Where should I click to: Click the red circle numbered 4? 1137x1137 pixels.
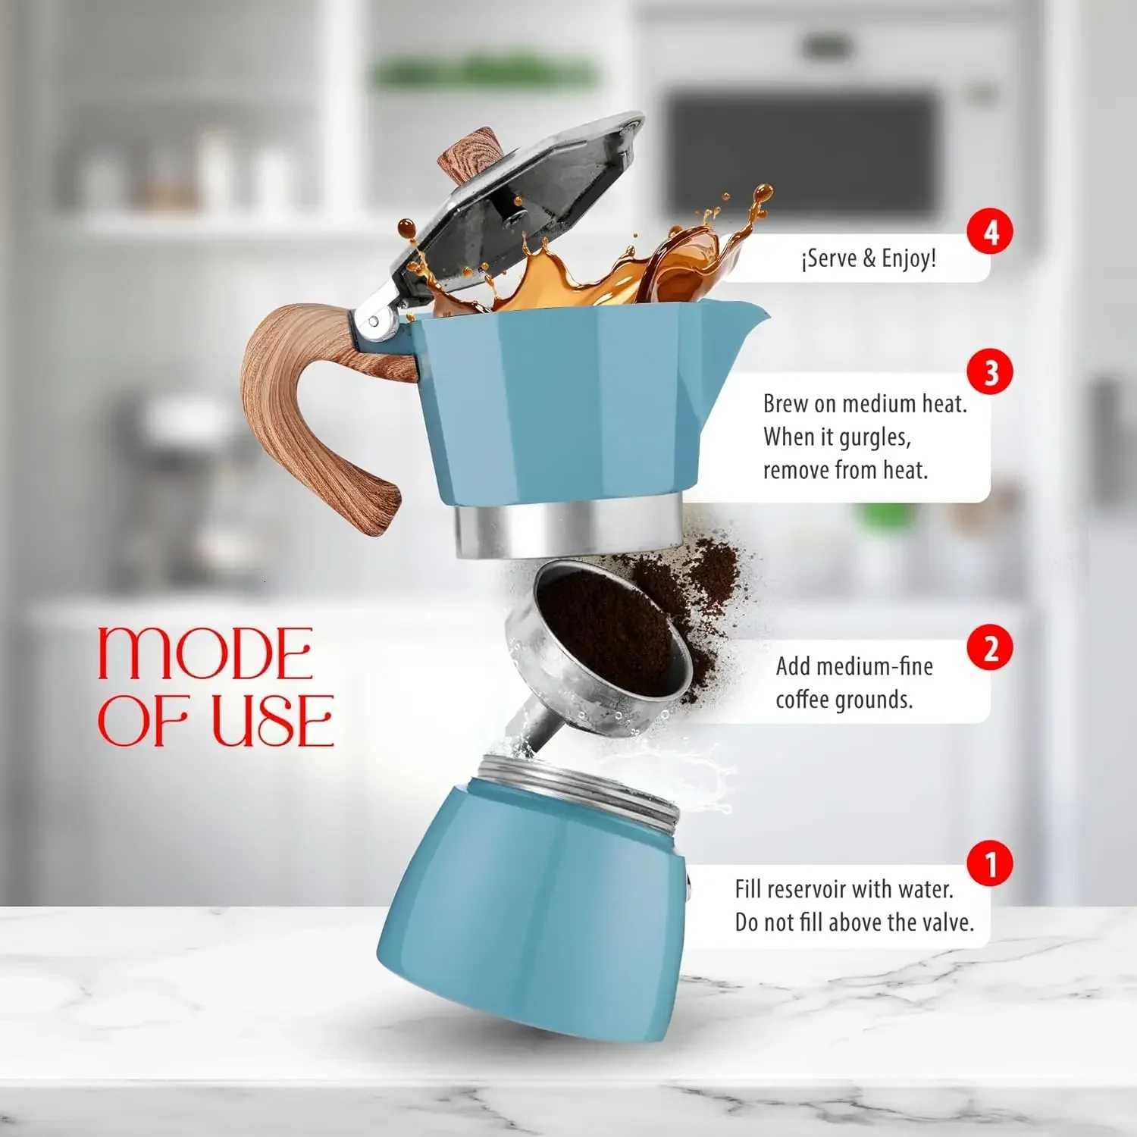pyautogui.click(x=991, y=233)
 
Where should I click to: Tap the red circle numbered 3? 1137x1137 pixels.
pyautogui.click(x=991, y=373)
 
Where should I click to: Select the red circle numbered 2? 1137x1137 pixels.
pyautogui.click(x=991, y=649)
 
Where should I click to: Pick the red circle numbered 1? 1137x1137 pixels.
pyautogui.click(x=991, y=863)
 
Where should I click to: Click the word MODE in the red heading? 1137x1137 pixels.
pyautogui.click(x=205, y=654)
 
